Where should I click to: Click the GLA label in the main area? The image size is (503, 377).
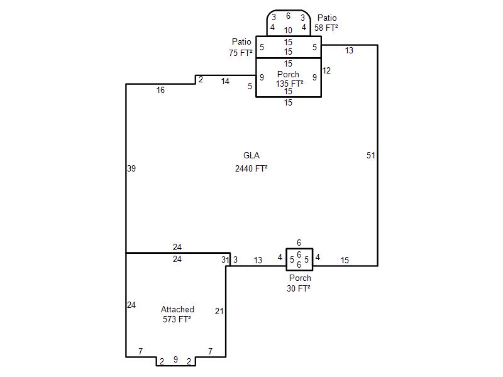pos(251,155)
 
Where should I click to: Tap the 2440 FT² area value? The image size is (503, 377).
pos(251,168)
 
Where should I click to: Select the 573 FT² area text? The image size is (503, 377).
pos(177,319)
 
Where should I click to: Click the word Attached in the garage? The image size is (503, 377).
pos(177,309)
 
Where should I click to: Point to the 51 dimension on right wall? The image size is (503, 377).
pos(371,155)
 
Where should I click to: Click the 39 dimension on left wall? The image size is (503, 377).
pos(131,168)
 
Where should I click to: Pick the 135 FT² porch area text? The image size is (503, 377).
pos(289,84)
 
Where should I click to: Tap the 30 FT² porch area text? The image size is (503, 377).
pos(298,288)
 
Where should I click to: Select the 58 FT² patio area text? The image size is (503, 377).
pos(326,28)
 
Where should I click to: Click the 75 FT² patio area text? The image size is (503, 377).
pos(241,53)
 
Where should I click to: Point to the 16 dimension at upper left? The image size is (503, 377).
pos(160,90)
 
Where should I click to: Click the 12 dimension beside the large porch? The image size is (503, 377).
pos(326,70)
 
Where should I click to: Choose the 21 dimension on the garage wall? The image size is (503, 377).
pos(219,311)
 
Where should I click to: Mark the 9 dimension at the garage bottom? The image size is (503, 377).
pos(175,359)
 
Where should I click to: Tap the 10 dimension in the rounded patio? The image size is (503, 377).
pos(288,30)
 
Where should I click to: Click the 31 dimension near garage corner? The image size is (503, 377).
pos(225,260)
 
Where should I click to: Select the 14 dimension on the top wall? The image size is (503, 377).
pos(225,82)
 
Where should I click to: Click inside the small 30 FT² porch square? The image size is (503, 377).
pos(299,260)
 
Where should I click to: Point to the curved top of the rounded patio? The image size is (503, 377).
pos(289,10)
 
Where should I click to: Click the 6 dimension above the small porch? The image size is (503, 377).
pos(299,243)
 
